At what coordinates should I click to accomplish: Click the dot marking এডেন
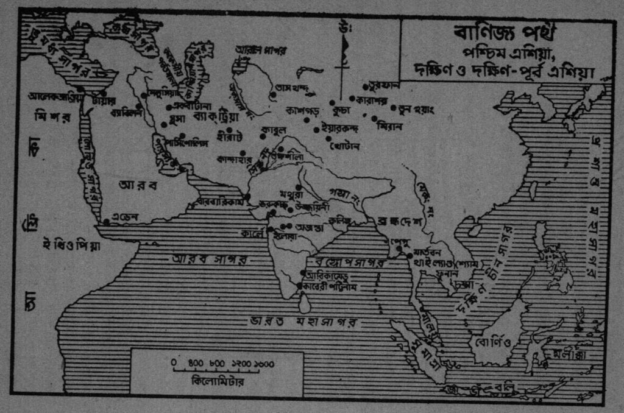pos(107,222)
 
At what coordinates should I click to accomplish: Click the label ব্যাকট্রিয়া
pos(209,115)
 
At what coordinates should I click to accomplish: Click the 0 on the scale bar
pos(174,364)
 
